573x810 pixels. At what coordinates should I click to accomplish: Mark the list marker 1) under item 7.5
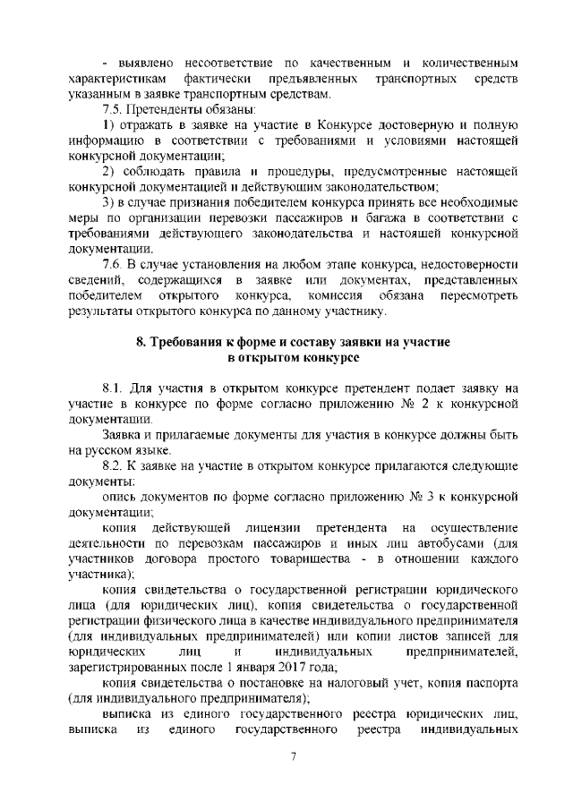point(108,124)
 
